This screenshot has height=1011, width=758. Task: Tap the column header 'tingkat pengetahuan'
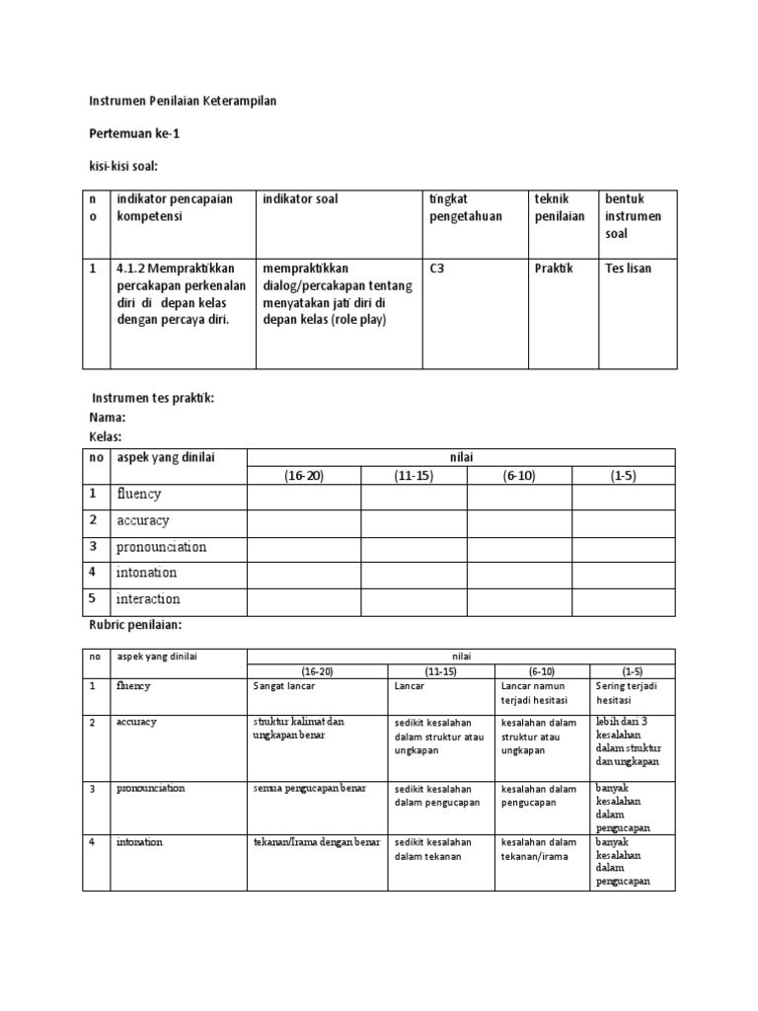coord(466,207)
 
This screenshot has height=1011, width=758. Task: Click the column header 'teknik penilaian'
coord(559,207)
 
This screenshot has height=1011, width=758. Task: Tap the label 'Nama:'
coord(108,418)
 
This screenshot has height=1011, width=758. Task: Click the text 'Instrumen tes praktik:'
coord(153,398)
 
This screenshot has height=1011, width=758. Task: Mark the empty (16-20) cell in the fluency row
coord(304,496)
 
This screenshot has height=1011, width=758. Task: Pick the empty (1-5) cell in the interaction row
coord(623,600)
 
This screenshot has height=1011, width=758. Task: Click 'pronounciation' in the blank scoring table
coord(161,547)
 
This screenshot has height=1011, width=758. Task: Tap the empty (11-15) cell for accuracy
coord(414,521)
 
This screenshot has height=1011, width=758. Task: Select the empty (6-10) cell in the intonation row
coord(519,574)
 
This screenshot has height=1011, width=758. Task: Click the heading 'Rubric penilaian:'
coord(133,625)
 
